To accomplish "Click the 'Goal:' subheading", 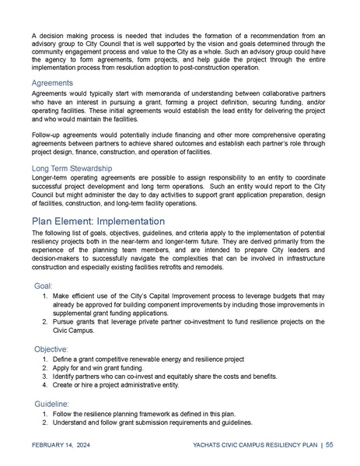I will point(44,286).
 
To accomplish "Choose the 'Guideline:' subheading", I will point(52,404).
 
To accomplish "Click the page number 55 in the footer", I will point(330,444).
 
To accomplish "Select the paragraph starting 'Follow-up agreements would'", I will point(180,145).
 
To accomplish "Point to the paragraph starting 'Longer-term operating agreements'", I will point(180,190).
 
